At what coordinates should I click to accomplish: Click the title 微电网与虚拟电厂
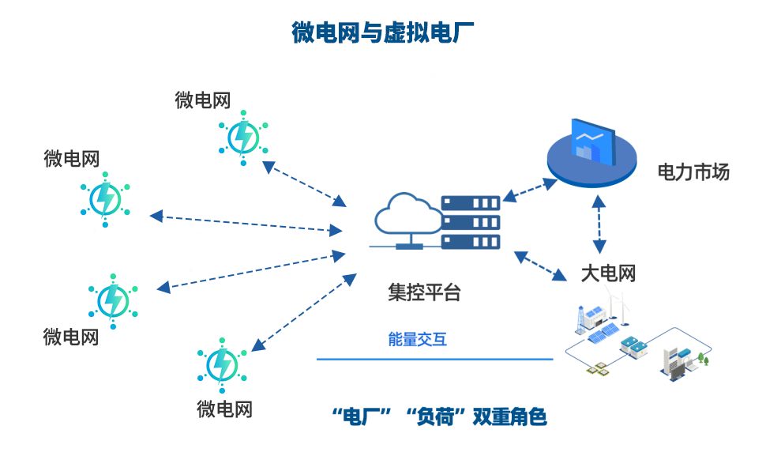[x=382, y=33]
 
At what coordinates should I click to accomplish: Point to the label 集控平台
[x=423, y=292]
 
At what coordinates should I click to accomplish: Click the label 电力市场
[x=693, y=171]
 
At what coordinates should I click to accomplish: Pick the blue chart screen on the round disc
[x=593, y=142]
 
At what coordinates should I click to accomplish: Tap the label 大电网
[x=608, y=274]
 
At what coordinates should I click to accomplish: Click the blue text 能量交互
[x=417, y=340]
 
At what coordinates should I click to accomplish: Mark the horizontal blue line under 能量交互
[x=434, y=360]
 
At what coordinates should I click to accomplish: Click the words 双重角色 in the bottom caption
[x=509, y=416]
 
